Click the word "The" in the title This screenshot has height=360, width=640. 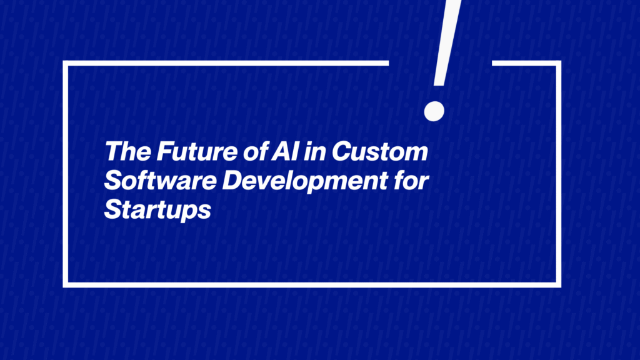click(128, 151)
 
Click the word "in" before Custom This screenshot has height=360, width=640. click(315, 151)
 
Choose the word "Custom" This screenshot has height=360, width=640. click(380, 151)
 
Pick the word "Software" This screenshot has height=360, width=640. click(161, 181)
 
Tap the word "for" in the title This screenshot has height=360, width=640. click(411, 181)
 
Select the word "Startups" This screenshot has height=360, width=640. click(157, 210)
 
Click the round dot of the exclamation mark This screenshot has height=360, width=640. click(434, 111)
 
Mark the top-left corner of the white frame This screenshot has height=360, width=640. click(65, 63)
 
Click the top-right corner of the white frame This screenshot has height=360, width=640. click(558, 63)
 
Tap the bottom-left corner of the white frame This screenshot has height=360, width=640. click(65, 285)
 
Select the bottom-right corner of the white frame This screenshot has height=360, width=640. click(558, 285)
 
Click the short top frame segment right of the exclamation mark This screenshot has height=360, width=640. click(526, 63)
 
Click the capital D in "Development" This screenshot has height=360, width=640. click(233, 181)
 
